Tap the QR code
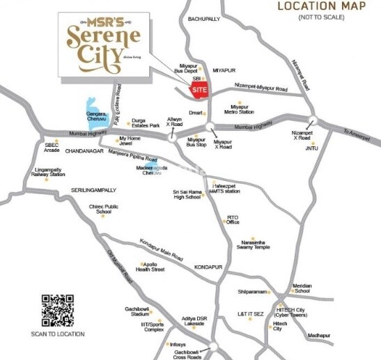coord(57,311)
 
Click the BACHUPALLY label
coord(203,20)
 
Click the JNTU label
coord(311,148)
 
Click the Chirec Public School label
coord(104,210)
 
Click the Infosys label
coord(178,345)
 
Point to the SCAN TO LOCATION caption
coord(58,334)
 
